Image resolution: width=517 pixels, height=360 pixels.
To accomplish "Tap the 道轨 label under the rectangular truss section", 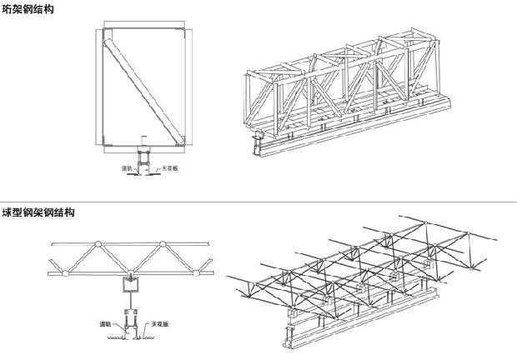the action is tap(128, 168).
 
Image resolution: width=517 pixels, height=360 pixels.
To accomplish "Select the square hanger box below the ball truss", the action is tap(132, 287).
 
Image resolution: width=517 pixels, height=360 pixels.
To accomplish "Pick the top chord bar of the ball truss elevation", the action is tap(133, 243).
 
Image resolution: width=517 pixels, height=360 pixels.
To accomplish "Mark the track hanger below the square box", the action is tap(132, 317).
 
